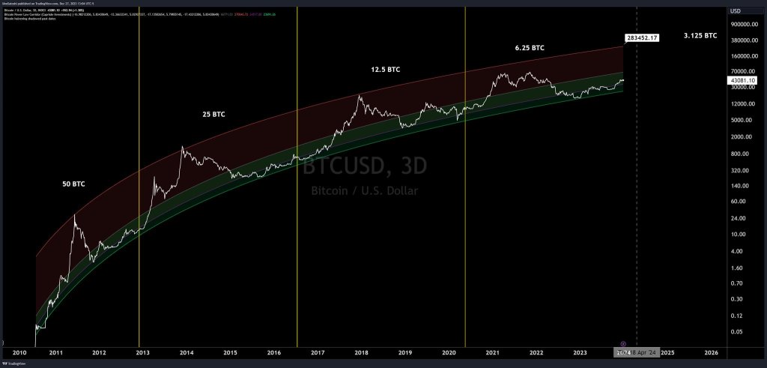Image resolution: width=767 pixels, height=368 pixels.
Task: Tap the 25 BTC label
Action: [213, 115]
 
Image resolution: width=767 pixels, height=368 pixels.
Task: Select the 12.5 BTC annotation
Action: [385, 70]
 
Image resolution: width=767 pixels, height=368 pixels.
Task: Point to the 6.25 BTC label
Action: [530, 48]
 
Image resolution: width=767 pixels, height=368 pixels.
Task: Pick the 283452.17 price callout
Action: [640, 37]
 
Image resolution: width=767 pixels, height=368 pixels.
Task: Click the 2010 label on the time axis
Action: [19, 352]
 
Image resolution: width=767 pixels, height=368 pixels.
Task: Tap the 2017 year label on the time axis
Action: [318, 352]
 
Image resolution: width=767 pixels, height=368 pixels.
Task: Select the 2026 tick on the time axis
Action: [712, 352]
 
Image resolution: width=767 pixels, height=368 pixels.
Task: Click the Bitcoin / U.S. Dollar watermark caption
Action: [364, 191]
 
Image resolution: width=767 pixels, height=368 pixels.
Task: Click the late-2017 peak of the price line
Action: [360, 95]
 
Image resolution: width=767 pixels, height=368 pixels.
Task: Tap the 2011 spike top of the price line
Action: [74, 215]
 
